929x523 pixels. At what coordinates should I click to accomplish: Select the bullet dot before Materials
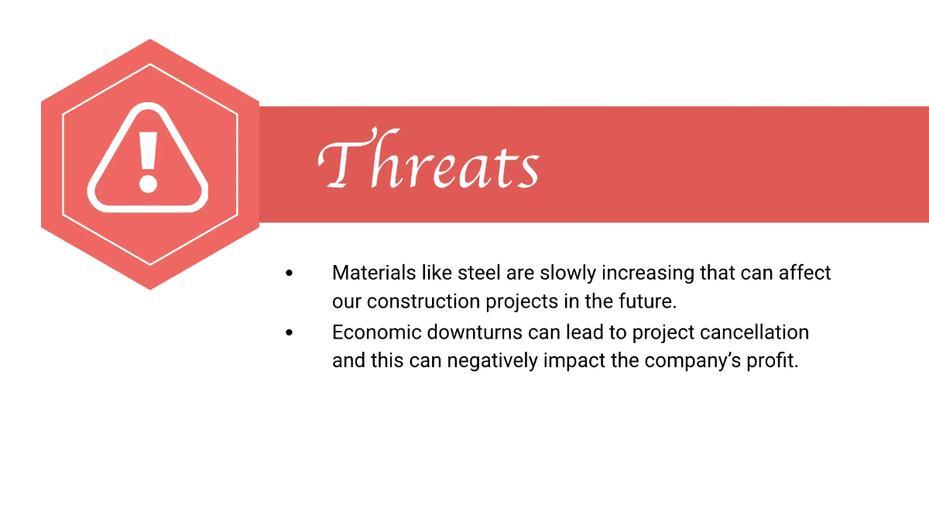coord(290,273)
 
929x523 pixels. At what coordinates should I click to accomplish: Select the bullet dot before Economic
coord(290,332)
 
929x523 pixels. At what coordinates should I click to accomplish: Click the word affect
coord(805,273)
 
